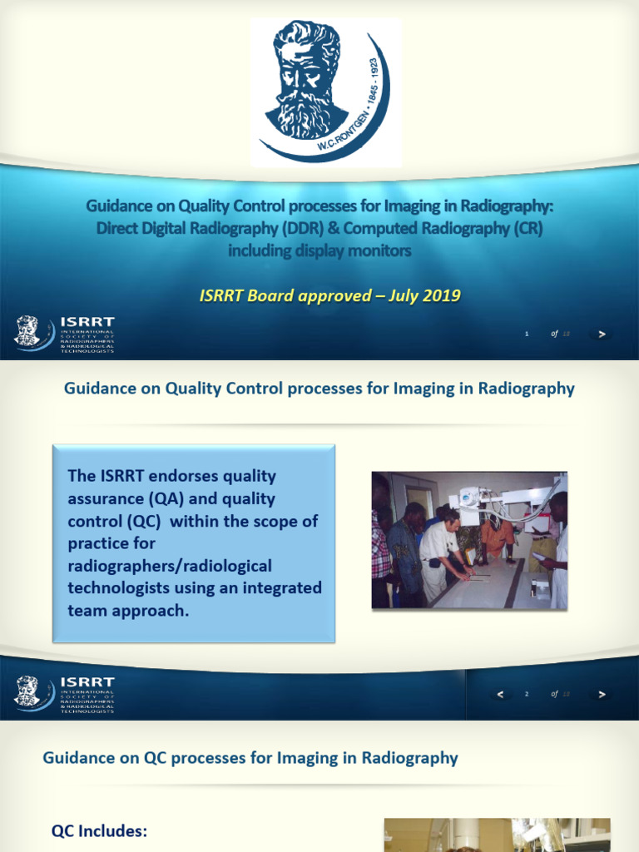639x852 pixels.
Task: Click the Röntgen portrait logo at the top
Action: coord(327,92)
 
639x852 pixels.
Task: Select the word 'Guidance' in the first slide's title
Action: coord(121,207)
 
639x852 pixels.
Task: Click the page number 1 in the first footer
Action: coord(527,334)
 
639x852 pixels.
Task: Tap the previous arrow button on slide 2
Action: coord(500,694)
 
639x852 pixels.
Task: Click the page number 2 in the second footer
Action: coord(527,694)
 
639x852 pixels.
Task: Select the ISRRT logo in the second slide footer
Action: coord(65,693)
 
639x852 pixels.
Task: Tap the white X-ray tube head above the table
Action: coord(469,497)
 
